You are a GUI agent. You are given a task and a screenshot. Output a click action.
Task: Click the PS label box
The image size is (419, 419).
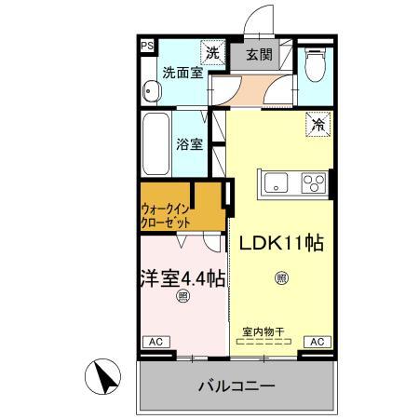146,44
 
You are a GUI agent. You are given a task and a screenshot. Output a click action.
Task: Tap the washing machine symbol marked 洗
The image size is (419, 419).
213,53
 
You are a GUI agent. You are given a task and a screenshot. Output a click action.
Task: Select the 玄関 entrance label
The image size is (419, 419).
257,54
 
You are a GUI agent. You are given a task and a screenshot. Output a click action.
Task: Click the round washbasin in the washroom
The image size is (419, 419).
151,90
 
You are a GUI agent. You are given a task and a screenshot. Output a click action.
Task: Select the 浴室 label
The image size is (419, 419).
191,144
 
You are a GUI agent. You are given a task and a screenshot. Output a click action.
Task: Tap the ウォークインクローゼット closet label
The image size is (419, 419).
168,216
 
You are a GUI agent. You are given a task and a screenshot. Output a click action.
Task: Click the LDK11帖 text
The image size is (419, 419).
280,243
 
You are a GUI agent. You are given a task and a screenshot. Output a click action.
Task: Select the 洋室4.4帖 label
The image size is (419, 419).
182,277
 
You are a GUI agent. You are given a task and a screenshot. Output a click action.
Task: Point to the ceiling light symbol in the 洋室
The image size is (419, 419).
182,298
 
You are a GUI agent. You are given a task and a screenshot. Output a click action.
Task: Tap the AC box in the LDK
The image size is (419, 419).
317,343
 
